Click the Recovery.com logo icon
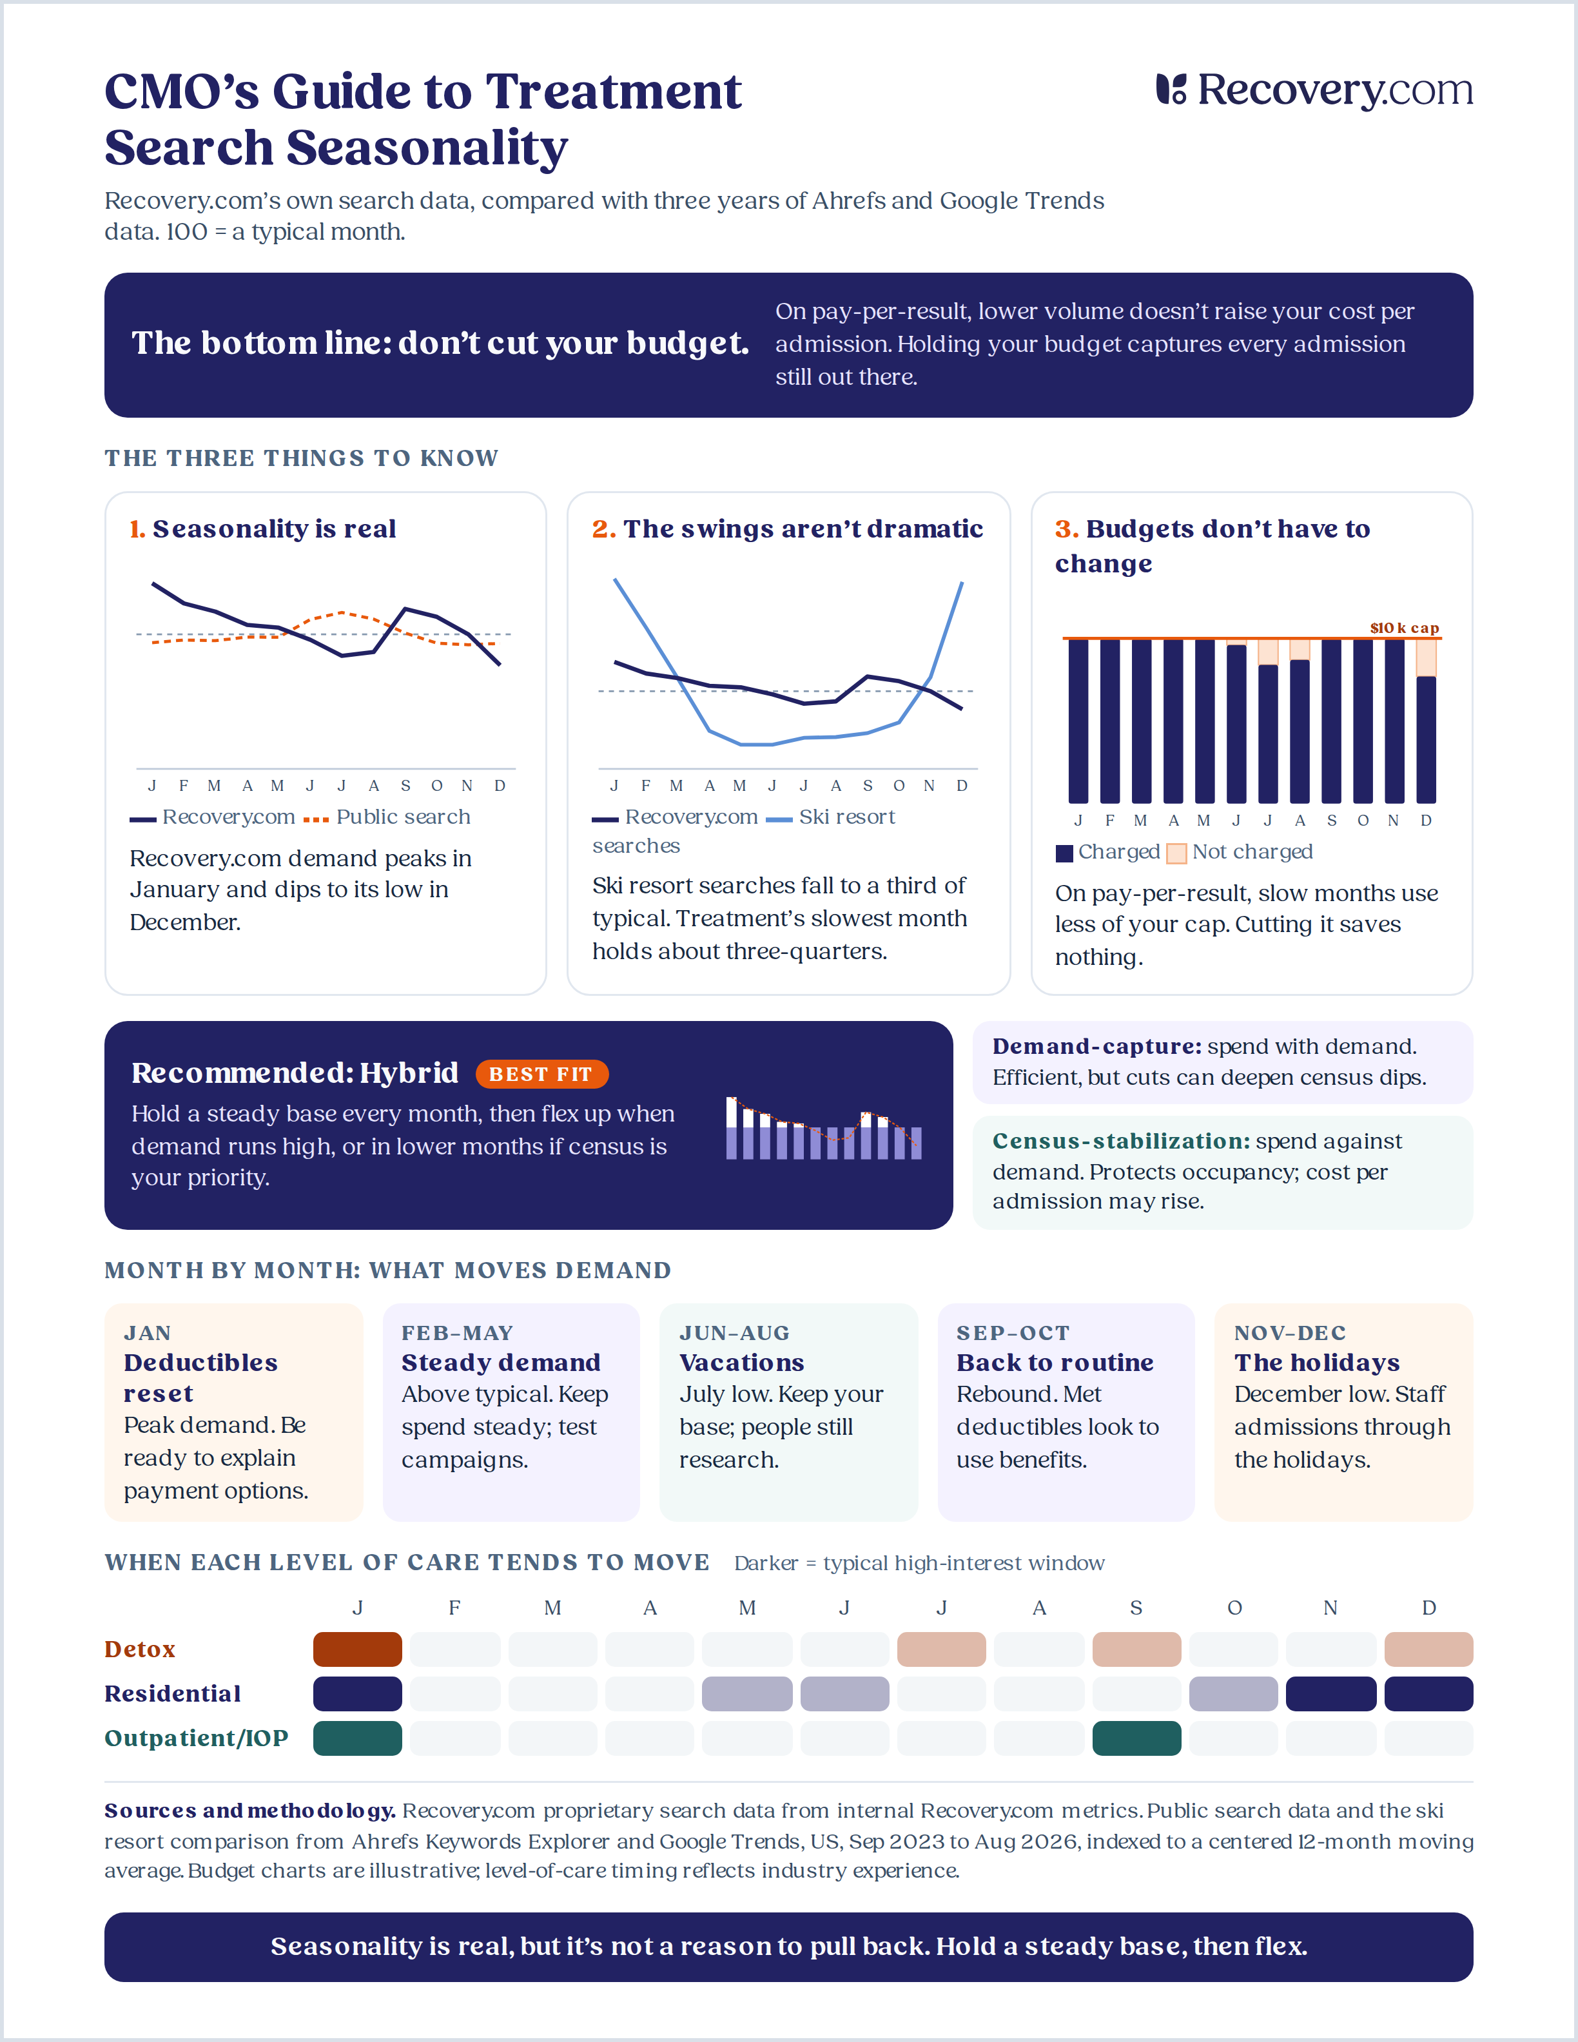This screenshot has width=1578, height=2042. [x=1171, y=89]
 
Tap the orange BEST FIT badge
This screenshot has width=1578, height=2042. [x=541, y=1074]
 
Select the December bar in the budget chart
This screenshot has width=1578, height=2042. [x=1426, y=721]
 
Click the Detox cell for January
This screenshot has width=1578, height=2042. [x=357, y=1649]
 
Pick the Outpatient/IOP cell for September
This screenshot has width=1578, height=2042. [x=1136, y=1738]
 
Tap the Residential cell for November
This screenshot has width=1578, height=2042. [x=1330, y=1693]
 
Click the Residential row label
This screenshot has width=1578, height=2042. [x=173, y=1693]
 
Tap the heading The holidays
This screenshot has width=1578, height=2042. [x=1316, y=1362]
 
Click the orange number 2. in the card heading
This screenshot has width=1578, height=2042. [x=604, y=529]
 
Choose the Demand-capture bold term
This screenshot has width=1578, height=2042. [x=1096, y=1046]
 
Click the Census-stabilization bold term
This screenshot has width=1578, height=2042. [x=1121, y=1141]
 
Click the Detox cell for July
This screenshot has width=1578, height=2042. [x=941, y=1649]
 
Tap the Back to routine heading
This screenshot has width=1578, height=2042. [x=1055, y=1362]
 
